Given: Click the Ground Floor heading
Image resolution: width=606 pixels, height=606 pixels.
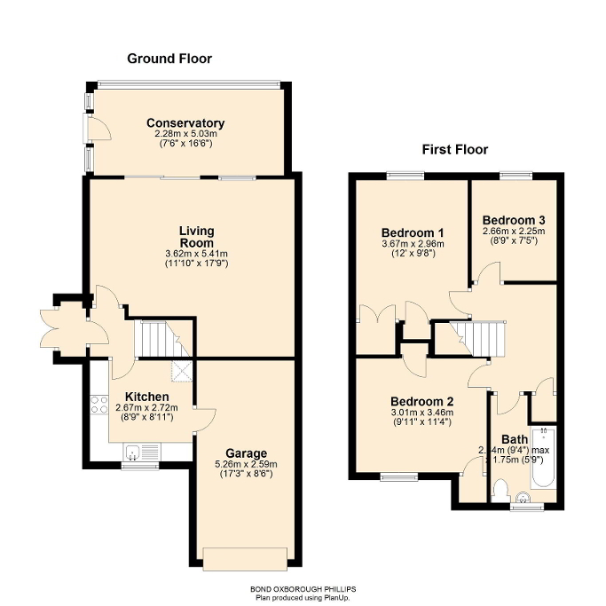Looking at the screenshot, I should tap(169, 59).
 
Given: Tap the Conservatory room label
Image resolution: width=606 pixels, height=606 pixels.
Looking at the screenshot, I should tap(185, 123).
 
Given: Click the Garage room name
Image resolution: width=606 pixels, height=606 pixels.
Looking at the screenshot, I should tap(246, 453).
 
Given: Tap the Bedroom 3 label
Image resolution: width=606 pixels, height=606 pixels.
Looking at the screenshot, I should tap(513, 220).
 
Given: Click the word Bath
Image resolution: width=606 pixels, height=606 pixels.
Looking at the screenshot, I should tap(514, 438).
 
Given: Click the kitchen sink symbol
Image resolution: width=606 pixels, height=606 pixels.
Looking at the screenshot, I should tap(133, 453).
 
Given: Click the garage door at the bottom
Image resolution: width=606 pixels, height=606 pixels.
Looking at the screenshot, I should tap(246, 557).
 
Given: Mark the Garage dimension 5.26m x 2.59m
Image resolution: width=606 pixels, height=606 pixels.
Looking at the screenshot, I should tap(246, 464).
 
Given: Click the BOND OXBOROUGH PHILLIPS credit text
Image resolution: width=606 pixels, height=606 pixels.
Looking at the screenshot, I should tap(303, 589).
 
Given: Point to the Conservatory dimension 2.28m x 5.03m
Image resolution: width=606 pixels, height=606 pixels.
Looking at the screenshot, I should tap(185, 134).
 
